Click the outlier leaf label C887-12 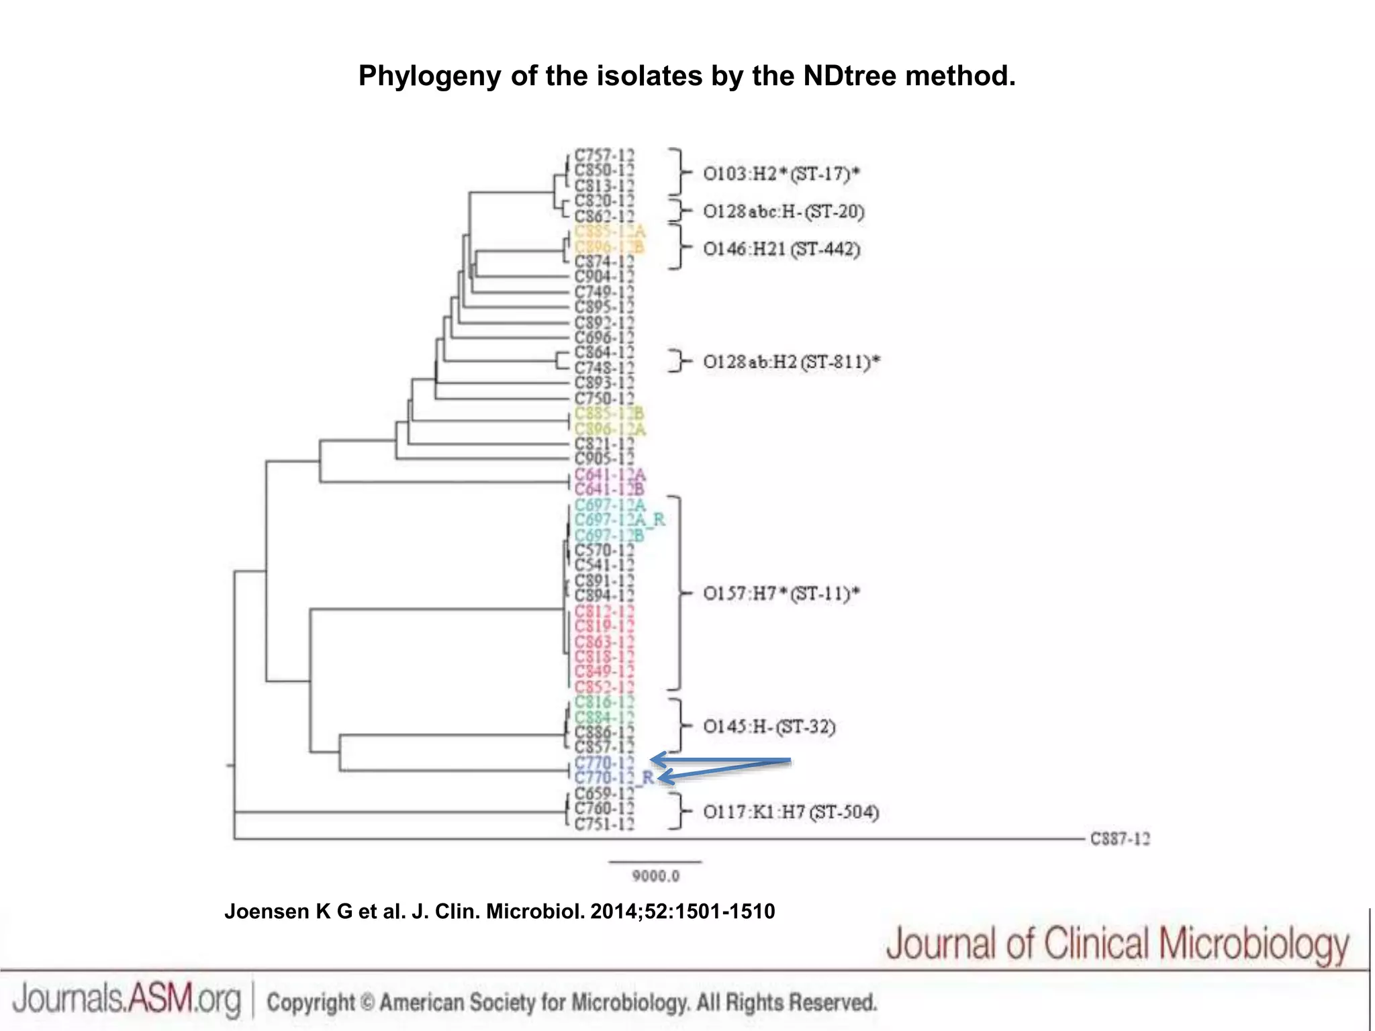(x=1120, y=839)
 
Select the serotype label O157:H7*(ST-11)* (x=781, y=594)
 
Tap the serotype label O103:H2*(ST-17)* (x=781, y=174)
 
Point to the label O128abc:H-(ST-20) (x=784, y=211)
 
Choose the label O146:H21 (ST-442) (x=781, y=249)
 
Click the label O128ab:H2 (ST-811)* (x=791, y=362)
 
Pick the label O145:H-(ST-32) (x=769, y=727)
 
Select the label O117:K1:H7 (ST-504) (x=791, y=812)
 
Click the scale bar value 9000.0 (x=655, y=876)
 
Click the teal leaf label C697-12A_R (x=619, y=520)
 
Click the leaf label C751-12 (x=604, y=824)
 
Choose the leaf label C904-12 (x=604, y=277)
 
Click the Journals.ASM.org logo (x=126, y=999)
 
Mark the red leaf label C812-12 (x=604, y=611)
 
